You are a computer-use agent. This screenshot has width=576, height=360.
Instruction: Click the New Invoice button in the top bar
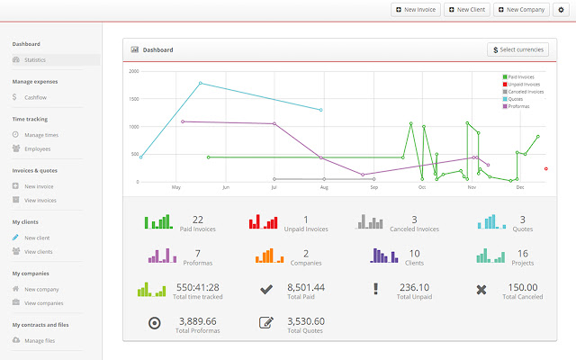(x=415, y=10)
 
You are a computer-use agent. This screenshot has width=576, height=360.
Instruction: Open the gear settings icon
(x=561, y=10)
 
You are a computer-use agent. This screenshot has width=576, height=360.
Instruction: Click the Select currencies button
(x=517, y=49)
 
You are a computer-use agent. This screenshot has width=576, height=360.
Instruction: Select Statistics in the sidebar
(x=35, y=60)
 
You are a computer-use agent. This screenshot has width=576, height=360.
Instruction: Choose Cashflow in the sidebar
(x=36, y=97)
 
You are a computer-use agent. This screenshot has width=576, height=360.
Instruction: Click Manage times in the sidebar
(x=40, y=135)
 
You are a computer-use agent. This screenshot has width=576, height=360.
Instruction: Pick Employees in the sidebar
(x=37, y=148)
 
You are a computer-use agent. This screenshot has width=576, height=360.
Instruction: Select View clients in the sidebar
(x=38, y=252)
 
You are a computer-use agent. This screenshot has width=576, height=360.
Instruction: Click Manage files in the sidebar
(x=40, y=340)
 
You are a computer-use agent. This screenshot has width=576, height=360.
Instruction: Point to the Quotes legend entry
(x=515, y=99)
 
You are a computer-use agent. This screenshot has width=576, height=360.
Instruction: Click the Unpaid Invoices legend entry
(x=525, y=85)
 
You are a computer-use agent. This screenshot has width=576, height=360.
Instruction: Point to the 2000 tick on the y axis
(x=133, y=71)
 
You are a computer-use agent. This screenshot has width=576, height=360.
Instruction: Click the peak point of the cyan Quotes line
(x=200, y=84)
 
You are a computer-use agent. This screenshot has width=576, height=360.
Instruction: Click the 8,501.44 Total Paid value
(x=306, y=286)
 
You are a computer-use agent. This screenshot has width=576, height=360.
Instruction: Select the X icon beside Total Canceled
(x=481, y=289)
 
